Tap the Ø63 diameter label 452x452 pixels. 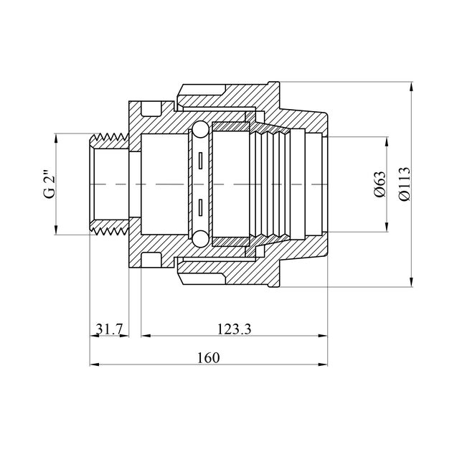click(380, 184)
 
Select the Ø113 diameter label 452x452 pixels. click(404, 184)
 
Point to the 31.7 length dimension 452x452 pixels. click(109, 329)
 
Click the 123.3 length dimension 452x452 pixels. click(234, 329)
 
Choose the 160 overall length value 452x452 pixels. click(208, 358)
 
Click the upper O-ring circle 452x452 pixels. click(199, 129)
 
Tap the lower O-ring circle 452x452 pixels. click(199, 239)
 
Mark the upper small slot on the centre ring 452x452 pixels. click(200, 161)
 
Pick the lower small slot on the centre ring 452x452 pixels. click(200, 207)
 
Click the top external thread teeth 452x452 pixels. click(110, 137)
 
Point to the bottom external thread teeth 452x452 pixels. click(110, 231)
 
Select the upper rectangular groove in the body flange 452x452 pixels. click(151, 108)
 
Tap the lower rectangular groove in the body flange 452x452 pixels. click(151, 260)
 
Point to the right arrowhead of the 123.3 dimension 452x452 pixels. click(323, 336)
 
